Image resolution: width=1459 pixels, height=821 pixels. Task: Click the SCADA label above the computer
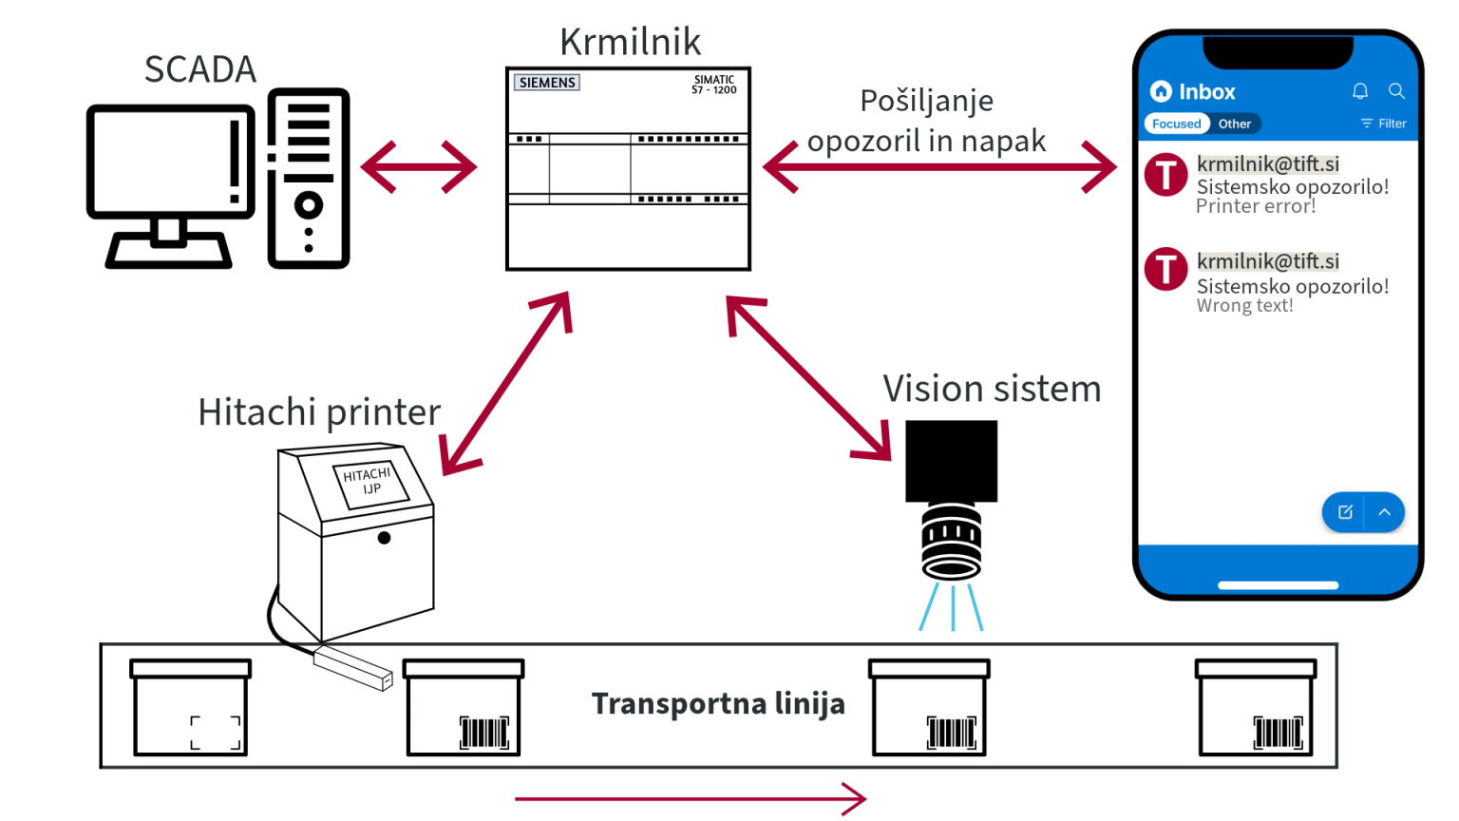tap(200, 69)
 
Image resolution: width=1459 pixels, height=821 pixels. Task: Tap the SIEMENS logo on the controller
tap(546, 83)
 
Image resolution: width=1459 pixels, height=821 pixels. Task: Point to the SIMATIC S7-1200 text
tap(714, 85)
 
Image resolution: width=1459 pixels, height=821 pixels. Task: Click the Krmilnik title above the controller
tap(630, 42)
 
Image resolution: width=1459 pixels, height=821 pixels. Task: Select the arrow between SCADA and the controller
tap(419, 168)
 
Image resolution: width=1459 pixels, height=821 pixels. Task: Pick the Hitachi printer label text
tap(319, 412)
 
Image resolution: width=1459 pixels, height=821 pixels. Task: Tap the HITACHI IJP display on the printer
tap(369, 481)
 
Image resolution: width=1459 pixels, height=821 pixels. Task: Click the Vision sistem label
tap(992, 389)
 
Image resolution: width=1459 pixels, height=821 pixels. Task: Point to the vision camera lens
tap(951, 544)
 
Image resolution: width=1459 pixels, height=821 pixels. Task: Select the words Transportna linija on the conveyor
tap(718, 703)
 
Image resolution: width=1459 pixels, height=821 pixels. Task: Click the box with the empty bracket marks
tap(191, 708)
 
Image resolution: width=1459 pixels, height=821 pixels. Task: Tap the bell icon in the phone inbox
tap(1360, 91)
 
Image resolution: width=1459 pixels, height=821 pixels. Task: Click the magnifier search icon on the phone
tap(1396, 91)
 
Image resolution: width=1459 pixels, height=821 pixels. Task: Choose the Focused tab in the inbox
tap(1176, 124)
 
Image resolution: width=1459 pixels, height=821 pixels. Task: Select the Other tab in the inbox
tap(1235, 124)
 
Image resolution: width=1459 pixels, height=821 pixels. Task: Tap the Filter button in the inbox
tap(1384, 124)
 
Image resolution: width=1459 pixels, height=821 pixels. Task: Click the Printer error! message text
tap(1256, 206)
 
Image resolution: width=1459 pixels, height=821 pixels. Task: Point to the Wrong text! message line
tap(1244, 306)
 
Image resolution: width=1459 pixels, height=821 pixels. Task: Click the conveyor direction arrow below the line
tap(691, 798)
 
